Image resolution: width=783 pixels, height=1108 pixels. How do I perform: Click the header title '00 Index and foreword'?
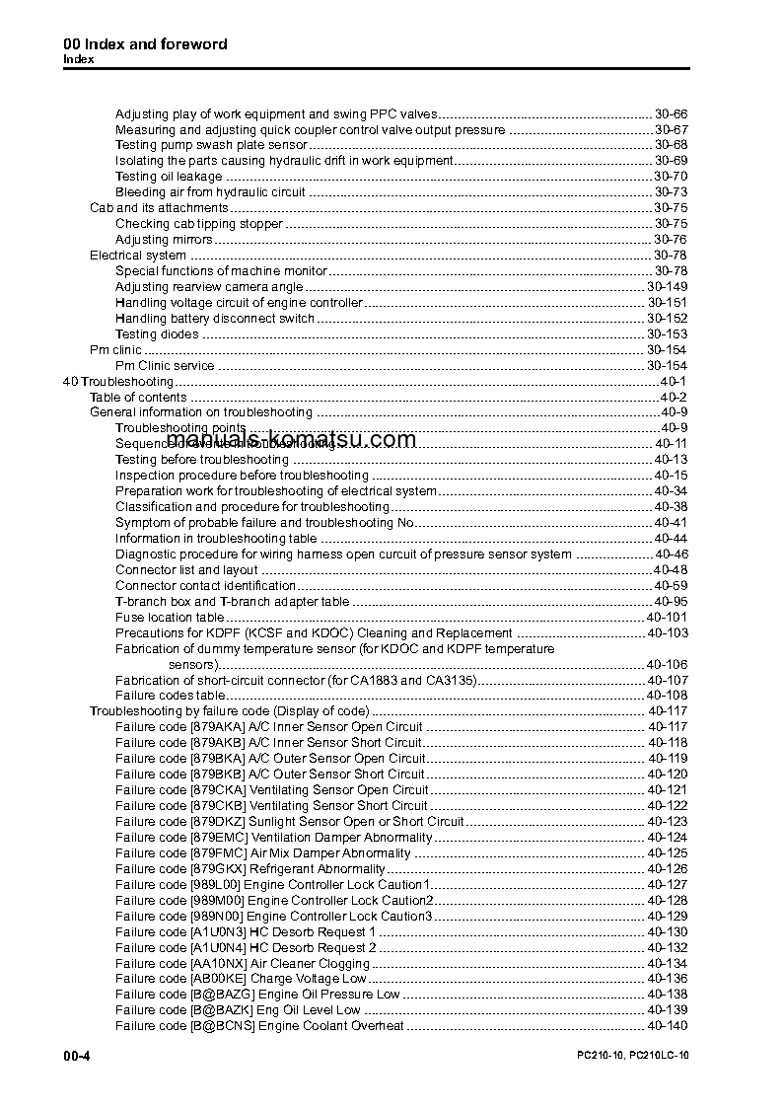tap(145, 43)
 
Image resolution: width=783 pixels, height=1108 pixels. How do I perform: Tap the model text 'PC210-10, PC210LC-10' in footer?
tap(632, 1056)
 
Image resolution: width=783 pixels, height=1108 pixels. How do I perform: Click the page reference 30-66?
tap(671, 113)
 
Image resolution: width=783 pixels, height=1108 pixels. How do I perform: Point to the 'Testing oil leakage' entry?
tap(169, 177)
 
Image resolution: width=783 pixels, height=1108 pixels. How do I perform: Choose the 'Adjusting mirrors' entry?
tap(164, 240)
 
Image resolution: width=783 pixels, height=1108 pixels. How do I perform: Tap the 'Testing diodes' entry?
tap(157, 334)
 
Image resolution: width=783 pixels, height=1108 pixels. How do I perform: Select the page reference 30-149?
tap(667, 287)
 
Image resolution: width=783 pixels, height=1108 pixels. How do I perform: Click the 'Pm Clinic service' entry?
tap(165, 366)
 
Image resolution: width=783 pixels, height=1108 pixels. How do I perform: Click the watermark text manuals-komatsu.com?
tap(292, 440)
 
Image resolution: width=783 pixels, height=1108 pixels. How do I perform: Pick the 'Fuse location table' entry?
tap(170, 617)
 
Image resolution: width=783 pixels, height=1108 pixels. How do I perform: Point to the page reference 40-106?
tap(667, 664)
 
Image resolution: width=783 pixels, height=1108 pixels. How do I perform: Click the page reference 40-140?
tap(667, 1026)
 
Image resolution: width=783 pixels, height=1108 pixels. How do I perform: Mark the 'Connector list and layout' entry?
tap(186, 570)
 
